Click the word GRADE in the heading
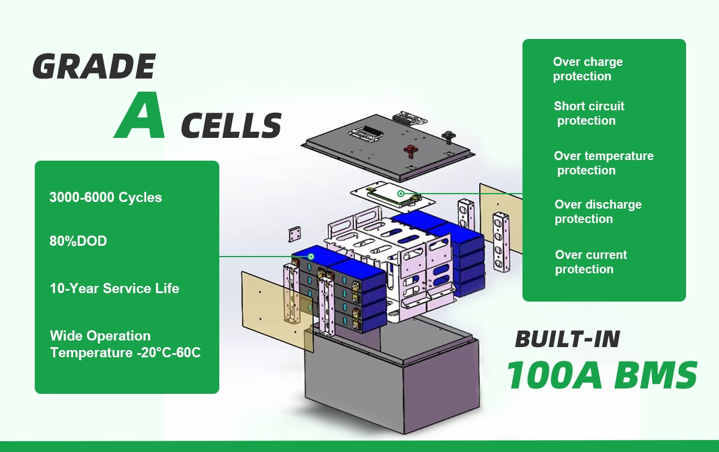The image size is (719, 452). point(94,67)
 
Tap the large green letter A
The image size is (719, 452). point(140,115)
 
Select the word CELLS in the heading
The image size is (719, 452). point(231,125)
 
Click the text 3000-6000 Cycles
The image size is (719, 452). point(105,197)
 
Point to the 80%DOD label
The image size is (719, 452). point(78,241)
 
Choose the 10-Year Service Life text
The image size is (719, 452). point(114,288)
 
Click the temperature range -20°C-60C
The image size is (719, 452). point(169,352)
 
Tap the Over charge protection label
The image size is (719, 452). point(588,69)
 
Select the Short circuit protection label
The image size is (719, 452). point(589,113)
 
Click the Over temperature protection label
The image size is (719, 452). point(604,163)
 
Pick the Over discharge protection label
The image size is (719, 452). point(598,212)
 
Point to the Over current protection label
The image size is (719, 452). point(591,262)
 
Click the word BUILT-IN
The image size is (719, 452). point(567,339)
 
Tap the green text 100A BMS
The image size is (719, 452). point(602,375)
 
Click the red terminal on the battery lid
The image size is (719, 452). point(410,151)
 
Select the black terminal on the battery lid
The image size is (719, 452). point(447,137)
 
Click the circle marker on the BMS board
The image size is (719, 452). point(401,194)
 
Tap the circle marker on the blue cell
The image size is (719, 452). point(311,257)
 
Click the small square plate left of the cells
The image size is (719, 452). point(295,234)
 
